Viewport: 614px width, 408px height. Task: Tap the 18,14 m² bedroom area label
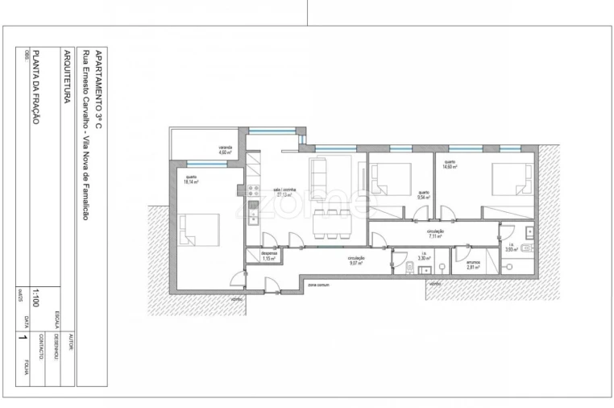click(191, 180)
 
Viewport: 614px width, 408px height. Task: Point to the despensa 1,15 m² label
click(269, 256)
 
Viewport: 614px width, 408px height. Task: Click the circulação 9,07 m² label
click(357, 261)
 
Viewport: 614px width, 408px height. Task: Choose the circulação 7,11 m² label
click(436, 234)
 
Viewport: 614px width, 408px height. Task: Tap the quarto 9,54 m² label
click(423, 194)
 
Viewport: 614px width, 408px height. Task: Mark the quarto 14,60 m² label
click(449, 164)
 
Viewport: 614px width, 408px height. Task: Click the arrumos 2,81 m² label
click(474, 263)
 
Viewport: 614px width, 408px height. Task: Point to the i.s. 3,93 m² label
click(511, 248)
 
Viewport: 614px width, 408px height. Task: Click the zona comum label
click(319, 284)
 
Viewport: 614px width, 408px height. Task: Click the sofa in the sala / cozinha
click(319, 172)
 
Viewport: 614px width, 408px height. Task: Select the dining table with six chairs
click(331, 219)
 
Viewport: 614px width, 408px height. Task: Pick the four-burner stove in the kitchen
click(251, 191)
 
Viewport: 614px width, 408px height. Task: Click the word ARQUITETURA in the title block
click(66, 77)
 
